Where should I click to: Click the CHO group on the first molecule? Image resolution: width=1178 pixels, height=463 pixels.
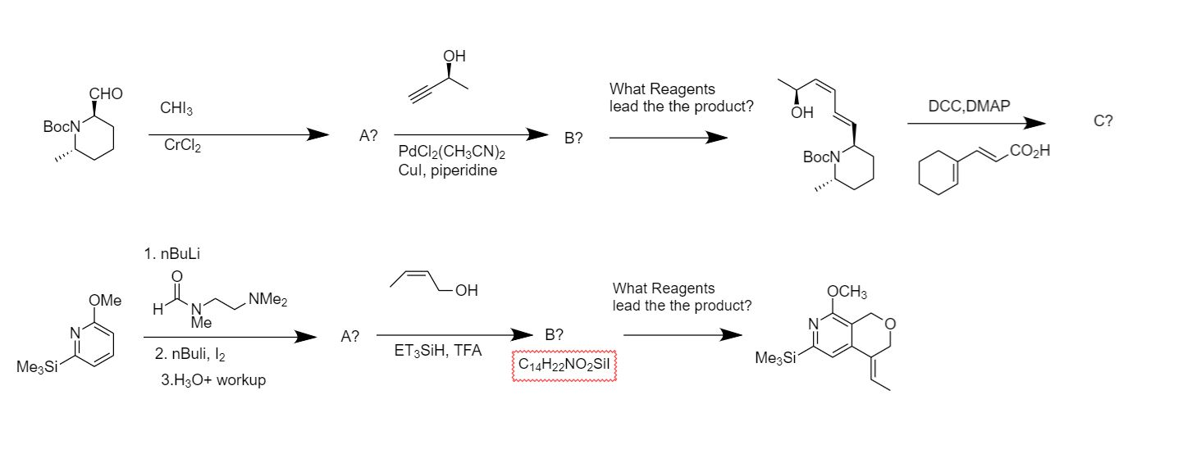click(x=106, y=94)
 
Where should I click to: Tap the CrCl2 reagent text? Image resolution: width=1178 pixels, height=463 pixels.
click(x=181, y=146)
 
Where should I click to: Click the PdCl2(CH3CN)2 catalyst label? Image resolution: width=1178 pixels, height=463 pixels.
click(x=451, y=153)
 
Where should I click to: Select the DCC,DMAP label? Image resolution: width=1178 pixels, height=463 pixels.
click(x=969, y=106)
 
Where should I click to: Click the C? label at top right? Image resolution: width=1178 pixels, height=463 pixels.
click(x=1103, y=121)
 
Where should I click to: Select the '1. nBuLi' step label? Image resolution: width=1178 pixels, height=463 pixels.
click(x=172, y=254)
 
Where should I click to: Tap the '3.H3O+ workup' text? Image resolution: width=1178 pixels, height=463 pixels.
click(x=212, y=380)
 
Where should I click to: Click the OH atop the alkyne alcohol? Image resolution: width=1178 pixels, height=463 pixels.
click(x=454, y=57)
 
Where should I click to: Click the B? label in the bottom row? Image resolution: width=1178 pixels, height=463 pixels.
click(x=554, y=334)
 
